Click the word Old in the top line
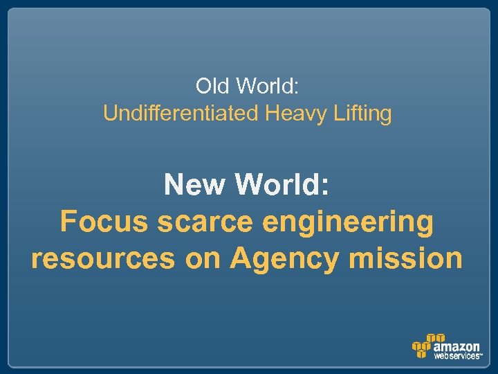pos(212,87)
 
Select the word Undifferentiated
pos(181,113)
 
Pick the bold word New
pos(195,185)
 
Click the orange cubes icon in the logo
pos(422,346)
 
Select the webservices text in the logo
pos(456,356)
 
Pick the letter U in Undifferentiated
pos(109,113)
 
